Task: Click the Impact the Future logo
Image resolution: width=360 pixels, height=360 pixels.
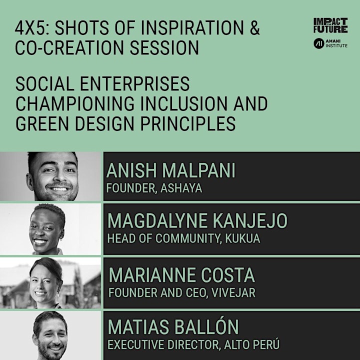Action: (330, 25)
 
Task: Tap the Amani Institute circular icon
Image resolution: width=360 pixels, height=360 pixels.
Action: (319, 43)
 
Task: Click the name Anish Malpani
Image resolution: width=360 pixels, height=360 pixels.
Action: (171, 170)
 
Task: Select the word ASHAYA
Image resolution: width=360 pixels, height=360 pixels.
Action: (181, 188)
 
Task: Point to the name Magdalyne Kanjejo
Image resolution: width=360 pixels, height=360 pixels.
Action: (197, 220)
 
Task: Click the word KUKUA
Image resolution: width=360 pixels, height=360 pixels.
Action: (242, 238)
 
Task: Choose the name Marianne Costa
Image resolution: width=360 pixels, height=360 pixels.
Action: (181, 275)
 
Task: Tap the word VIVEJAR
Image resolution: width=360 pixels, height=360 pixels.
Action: (233, 292)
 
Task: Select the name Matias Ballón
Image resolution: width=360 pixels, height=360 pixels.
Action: (173, 326)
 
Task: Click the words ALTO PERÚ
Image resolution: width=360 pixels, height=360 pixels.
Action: (252, 344)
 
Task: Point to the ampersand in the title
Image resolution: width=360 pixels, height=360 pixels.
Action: (254, 27)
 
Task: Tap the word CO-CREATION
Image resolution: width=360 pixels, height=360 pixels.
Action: (69, 47)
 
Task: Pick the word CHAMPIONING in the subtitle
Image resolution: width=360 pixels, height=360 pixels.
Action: (75, 103)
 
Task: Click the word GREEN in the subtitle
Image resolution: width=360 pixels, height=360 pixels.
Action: (42, 123)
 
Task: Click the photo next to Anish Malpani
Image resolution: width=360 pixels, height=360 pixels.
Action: (50, 176)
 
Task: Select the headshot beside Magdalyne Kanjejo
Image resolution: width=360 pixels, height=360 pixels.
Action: (50, 229)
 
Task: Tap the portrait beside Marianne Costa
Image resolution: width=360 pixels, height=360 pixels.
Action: (50, 283)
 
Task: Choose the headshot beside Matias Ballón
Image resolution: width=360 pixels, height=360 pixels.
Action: (50, 335)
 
